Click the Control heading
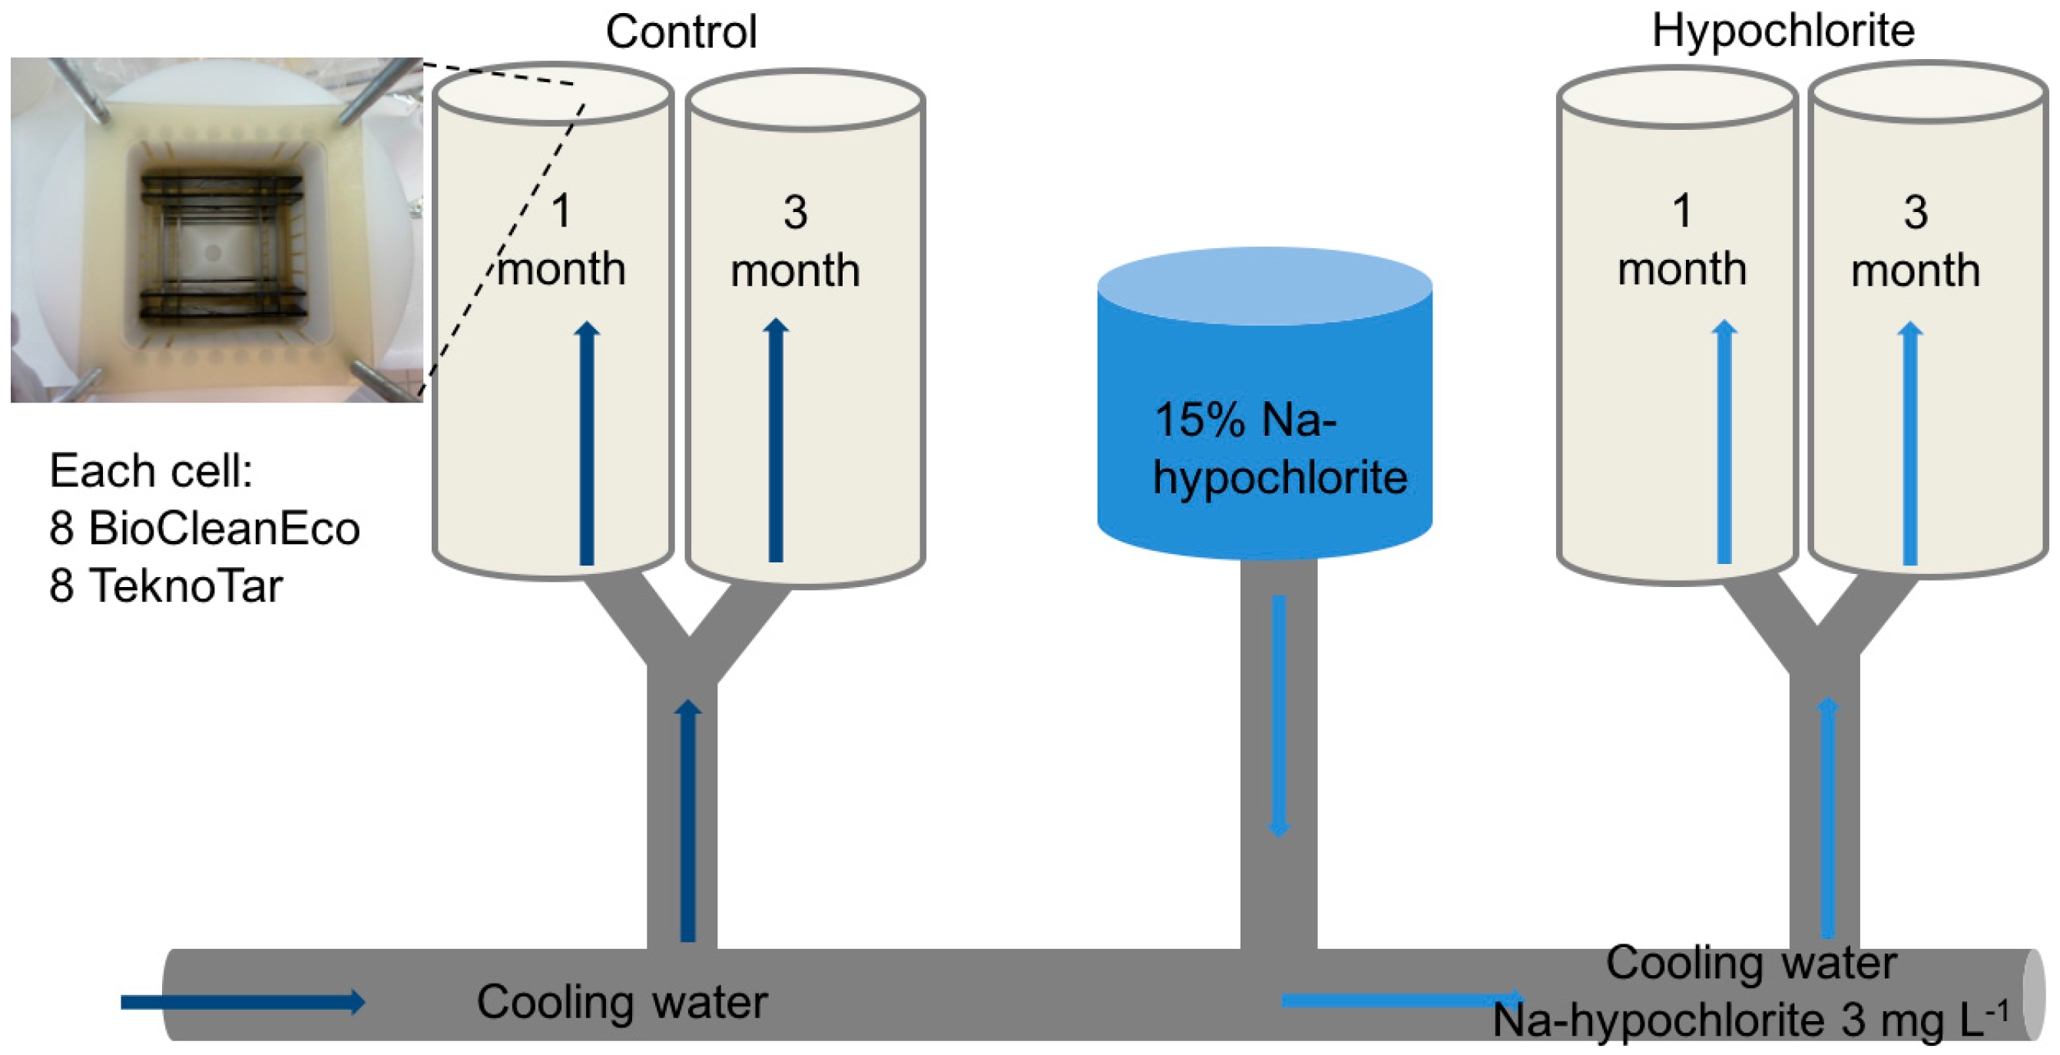coord(681,32)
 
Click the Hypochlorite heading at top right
coord(1783,31)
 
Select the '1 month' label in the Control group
coord(561,240)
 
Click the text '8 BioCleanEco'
coord(205,528)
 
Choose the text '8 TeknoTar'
coord(166,586)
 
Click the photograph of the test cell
coord(216,230)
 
